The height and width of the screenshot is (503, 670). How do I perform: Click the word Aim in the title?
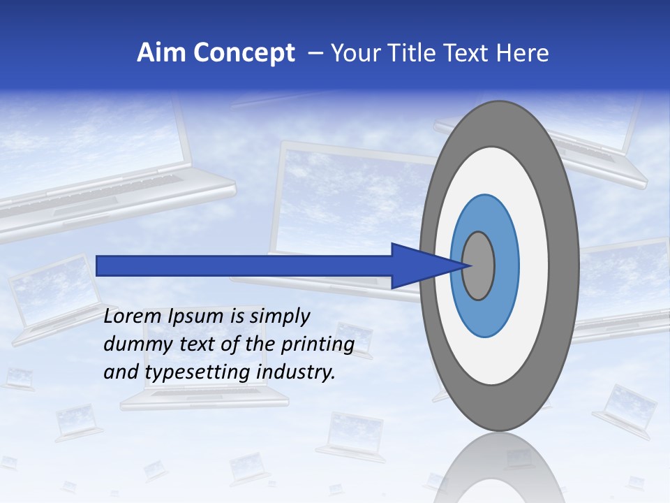tap(161, 53)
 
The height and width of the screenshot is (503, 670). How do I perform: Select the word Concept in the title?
tap(244, 53)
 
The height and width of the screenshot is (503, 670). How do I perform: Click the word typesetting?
tap(199, 373)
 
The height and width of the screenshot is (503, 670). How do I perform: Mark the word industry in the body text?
tap(296, 373)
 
